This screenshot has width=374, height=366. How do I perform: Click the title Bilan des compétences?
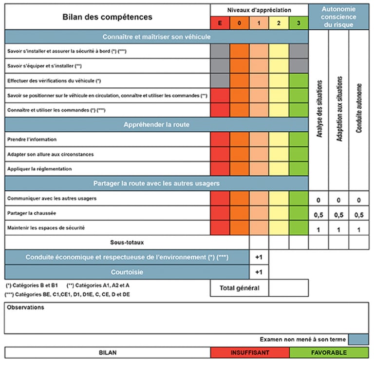107,17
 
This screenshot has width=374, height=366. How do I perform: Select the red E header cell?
220,22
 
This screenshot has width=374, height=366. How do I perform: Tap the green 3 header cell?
299,22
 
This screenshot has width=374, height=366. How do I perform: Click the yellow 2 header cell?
279,22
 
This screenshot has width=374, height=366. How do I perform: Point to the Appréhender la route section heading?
156,124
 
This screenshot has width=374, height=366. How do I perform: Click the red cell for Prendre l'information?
220,140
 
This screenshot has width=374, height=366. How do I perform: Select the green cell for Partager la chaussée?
299,213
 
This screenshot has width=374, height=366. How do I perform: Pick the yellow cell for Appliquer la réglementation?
279,169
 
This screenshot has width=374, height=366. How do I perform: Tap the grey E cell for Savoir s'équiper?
220,65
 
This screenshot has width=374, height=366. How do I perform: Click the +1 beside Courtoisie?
259,272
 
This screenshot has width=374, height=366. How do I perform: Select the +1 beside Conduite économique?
259,257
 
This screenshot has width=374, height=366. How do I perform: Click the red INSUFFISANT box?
250,352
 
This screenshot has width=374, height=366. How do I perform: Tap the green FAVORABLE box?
329,352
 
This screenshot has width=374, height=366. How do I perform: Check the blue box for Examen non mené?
359,339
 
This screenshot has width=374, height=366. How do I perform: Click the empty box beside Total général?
288,288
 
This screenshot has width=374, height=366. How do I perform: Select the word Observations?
26,308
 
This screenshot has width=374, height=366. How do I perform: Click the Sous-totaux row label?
126,242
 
